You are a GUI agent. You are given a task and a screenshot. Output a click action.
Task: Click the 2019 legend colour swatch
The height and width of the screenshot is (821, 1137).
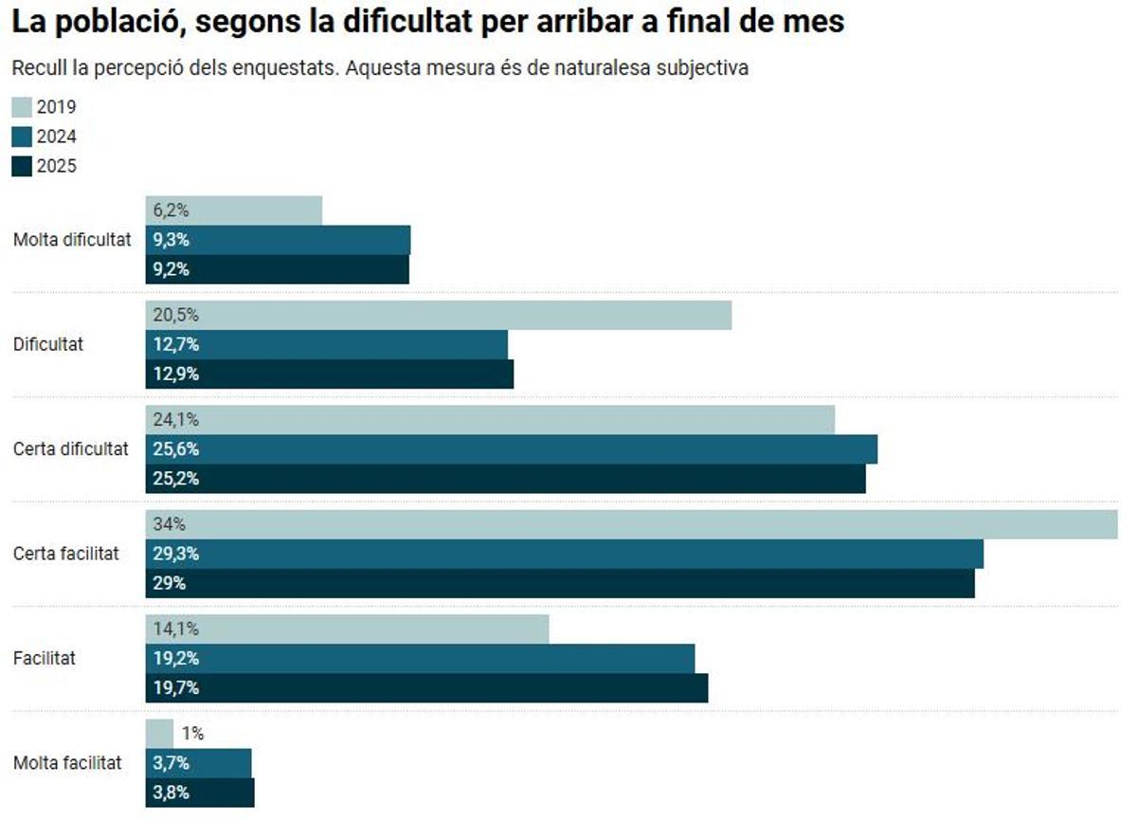(x=23, y=107)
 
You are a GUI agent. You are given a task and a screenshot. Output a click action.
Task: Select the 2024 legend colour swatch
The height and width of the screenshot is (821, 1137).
(x=23, y=137)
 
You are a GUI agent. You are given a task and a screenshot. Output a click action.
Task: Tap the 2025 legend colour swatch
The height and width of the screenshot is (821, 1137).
(x=23, y=166)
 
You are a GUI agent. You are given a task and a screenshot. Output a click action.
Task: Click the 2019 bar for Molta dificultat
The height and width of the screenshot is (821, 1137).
(x=234, y=210)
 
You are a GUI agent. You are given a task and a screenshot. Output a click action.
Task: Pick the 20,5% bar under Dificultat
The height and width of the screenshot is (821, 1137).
(x=439, y=316)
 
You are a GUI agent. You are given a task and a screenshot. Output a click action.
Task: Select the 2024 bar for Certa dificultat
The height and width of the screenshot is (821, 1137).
(x=512, y=449)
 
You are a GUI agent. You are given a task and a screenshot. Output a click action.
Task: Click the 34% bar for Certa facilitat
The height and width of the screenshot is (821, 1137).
(x=632, y=524)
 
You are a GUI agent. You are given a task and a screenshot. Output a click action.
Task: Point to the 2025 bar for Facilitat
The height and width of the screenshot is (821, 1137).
(x=426, y=687)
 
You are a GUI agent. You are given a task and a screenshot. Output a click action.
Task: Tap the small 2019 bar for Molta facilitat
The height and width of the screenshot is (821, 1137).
(x=159, y=733)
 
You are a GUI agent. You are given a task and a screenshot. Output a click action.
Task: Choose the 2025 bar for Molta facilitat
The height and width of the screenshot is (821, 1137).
(x=200, y=793)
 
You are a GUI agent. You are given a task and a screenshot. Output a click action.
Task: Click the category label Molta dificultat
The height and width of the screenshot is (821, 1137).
(x=72, y=240)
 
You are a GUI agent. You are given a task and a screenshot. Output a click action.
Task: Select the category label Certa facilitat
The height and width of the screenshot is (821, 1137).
(x=66, y=554)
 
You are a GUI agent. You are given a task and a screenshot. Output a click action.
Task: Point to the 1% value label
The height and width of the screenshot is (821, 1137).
(x=192, y=733)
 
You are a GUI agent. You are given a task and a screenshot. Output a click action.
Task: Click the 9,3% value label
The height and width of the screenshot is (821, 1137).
(x=171, y=240)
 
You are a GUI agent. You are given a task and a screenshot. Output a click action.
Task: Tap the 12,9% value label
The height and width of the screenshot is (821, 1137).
(x=175, y=374)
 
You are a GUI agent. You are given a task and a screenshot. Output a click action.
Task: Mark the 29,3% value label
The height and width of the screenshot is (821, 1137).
(x=175, y=554)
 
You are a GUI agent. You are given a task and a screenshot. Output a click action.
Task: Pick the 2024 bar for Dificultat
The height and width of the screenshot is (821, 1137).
(x=327, y=344)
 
